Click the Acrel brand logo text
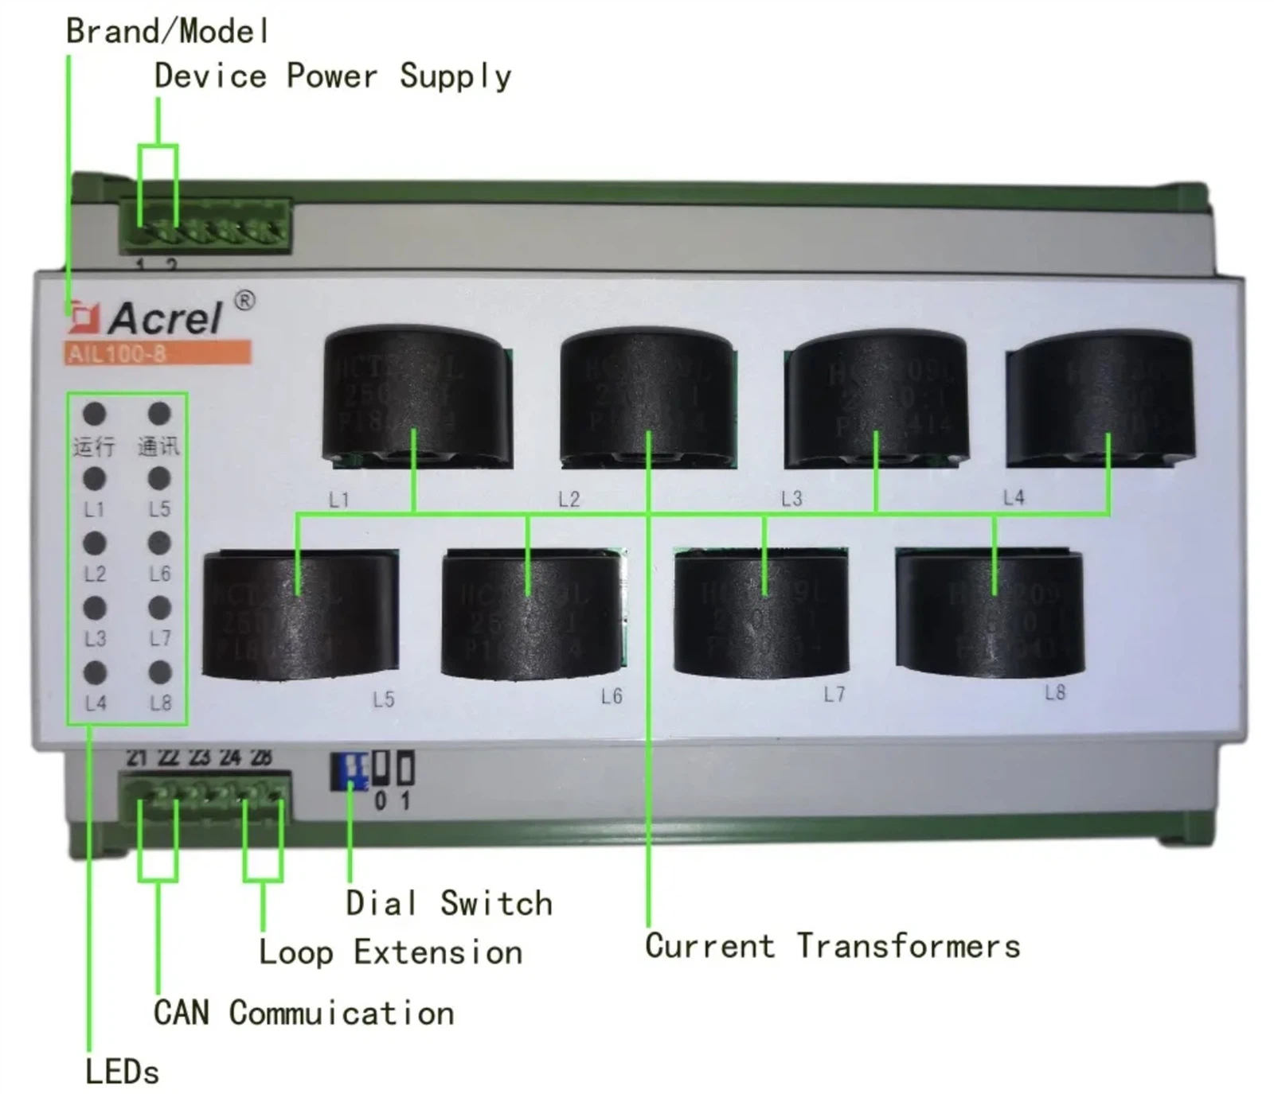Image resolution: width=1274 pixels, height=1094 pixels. [166, 318]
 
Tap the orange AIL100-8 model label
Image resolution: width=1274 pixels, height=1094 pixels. [158, 353]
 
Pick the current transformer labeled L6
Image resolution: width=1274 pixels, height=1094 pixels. [531, 613]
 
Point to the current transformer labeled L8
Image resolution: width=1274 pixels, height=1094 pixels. [990, 612]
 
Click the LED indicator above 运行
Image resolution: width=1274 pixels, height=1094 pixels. [95, 414]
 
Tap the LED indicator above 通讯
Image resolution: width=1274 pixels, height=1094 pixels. [159, 414]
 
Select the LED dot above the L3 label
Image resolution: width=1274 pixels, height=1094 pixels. [95, 608]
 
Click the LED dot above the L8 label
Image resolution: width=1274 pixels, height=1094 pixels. [159, 672]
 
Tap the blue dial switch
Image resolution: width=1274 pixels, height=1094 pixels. [350, 770]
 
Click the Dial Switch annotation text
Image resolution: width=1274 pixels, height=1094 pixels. [448, 904]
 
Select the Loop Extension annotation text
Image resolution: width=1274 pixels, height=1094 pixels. [390, 952]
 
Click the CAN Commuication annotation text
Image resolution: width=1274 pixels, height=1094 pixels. [303, 1013]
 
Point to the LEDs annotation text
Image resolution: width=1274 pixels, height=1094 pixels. [122, 1072]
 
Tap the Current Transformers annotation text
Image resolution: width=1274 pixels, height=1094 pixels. [832, 946]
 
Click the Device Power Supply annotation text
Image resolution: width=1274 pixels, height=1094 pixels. [332, 76]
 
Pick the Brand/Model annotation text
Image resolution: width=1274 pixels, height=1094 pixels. [166, 32]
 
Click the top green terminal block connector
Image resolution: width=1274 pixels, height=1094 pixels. [205, 228]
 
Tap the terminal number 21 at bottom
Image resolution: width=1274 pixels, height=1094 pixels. [136, 757]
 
